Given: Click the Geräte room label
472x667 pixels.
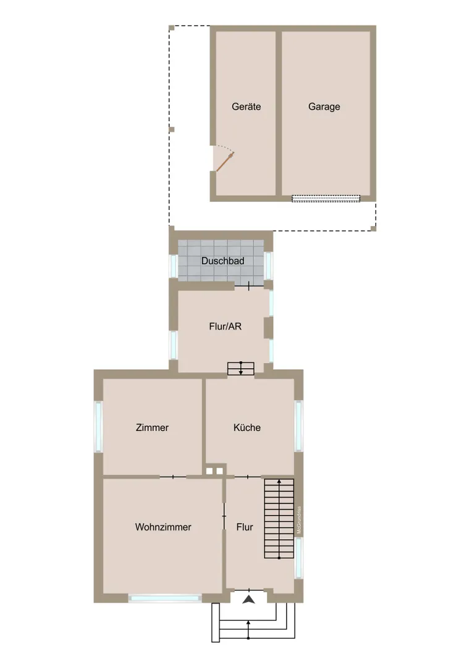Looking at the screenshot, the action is point(246,107).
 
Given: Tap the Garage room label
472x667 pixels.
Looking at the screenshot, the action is point(324,107).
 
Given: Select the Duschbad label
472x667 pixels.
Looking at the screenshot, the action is point(222,261).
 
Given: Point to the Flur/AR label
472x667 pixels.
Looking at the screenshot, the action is point(225,326).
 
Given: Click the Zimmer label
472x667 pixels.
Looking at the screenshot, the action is point(152,427).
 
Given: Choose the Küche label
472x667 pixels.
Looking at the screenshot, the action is point(247,427).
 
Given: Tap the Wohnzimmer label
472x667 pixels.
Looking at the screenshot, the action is point(163,527).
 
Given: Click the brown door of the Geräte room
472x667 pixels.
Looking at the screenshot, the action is point(225,162).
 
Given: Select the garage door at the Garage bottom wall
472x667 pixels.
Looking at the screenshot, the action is point(326,198).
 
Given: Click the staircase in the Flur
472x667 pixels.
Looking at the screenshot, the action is point(279,519).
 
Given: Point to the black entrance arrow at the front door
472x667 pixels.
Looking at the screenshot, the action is point(249,600).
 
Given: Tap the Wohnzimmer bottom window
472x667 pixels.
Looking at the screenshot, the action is point(165,598).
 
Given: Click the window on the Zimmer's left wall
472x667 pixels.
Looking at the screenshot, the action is point(98,427).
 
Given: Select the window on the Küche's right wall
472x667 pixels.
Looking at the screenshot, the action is point(299,426).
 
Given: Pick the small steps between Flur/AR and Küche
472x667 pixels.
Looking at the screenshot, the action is point(241,368).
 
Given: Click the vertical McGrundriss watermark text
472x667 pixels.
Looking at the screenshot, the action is point(299,520).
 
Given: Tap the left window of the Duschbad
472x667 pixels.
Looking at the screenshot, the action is point(174,266).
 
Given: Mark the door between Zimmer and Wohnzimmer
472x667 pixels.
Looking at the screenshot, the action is point(173,477).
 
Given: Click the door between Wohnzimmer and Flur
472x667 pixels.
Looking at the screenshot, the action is point(224,516).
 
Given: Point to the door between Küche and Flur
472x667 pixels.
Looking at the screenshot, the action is point(248,477).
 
